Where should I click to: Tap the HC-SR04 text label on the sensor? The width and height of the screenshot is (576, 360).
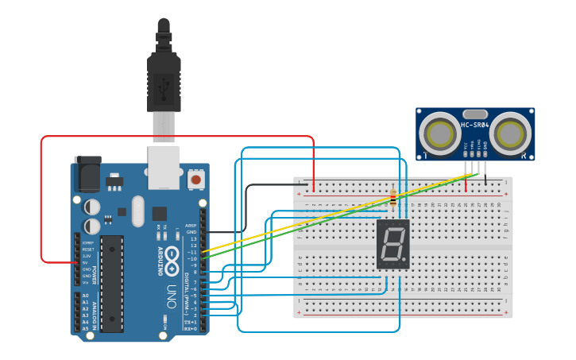click(x=475, y=125)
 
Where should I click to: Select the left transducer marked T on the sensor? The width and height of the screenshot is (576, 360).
click(x=438, y=133)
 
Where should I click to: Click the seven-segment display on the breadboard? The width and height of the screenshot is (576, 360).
click(x=393, y=244)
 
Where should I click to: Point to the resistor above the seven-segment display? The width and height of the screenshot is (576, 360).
click(x=394, y=196)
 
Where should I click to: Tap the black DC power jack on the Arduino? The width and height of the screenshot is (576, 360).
click(x=87, y=174)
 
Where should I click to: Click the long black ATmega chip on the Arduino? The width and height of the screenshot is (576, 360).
click(x=112, y=283)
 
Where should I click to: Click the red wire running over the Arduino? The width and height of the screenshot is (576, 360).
click(x=175, y=137)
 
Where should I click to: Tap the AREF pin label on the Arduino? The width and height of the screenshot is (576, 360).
click(x=191, y=226)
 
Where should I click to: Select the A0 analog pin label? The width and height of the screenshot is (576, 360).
click(x=87, y=296)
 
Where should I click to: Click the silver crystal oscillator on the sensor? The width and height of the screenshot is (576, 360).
click(x=474, y=114)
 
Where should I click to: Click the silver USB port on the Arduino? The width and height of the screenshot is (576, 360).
click(x=164, y=168)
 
